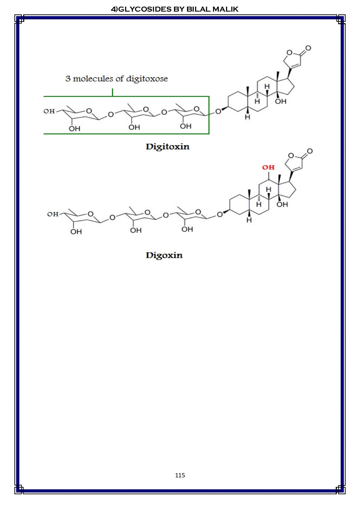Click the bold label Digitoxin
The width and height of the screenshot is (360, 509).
click(x=167, y=146)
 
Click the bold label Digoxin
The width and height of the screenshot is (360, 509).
click(x=164, y=255)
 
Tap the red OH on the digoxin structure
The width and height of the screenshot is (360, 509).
click(x=268, y=168)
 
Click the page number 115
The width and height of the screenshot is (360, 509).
click(x=180, y=475)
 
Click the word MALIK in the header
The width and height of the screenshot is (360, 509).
click(x=225, y=9)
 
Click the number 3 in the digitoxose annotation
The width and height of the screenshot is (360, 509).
click(x=68, y=79)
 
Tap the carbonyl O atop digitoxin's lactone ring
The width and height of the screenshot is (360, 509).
click(x=308, y=48)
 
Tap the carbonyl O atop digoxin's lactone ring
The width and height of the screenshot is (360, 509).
click(x=310, y=151)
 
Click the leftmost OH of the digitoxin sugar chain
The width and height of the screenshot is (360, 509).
click(x=49, y=111)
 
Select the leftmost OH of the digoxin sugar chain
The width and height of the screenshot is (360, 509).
click(x=53, y=214)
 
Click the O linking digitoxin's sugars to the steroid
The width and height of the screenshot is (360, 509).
click(x=218, y=111)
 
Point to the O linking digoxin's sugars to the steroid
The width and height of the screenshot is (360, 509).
click(x=220, y=214)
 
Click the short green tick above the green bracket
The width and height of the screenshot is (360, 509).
click(x=112, y=92)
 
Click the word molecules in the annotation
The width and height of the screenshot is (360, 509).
click(x=94, y=79)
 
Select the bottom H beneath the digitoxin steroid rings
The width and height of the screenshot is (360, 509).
click(x=247, y=117)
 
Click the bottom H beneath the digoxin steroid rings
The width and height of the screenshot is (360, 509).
click(x=249, y=220)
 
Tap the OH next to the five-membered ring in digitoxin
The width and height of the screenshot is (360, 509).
click(x=281, y=102)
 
